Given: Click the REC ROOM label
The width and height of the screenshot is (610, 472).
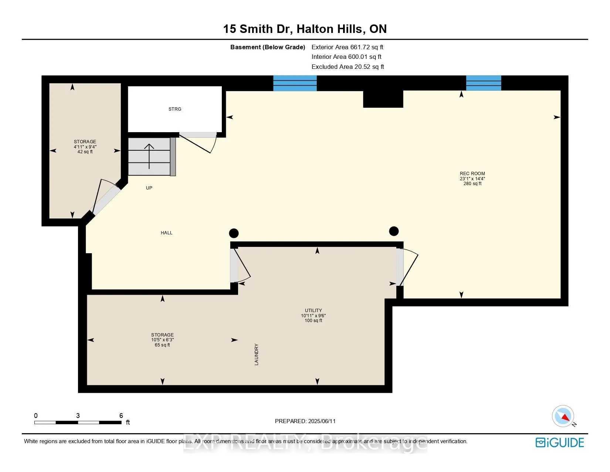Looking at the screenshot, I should coord(472,173).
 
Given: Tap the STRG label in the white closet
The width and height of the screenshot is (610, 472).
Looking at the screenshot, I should coord(175,109).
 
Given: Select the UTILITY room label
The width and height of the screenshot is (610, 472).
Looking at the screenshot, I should coord(313,310).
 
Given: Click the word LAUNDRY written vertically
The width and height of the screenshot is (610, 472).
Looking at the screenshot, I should coord(257,354).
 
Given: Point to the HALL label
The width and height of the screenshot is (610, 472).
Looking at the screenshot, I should coord(166,233).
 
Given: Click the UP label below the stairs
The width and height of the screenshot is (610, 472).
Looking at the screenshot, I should coord(149,188).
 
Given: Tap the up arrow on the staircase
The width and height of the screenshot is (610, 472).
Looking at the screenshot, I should coord(149,155).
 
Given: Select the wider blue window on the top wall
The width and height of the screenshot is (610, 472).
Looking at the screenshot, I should coord(295,83).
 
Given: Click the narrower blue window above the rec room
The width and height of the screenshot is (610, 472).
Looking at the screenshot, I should coord(483,83).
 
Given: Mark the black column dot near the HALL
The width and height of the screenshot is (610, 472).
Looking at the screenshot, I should coord(234,233).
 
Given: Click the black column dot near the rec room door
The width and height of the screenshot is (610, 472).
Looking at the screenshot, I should coord(394,231).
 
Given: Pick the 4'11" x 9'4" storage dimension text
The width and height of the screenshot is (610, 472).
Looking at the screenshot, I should coord(85,147).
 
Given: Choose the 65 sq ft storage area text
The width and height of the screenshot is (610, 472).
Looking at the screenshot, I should coord(162,345).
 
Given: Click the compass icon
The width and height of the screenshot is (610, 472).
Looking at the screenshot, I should coord(563,416).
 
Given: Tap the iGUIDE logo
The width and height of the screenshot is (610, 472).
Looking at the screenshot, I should coord(560,442).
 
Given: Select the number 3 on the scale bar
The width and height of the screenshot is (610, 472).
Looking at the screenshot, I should coord(78,416).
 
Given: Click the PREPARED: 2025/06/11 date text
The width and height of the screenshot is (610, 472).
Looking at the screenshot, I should coord(305,421).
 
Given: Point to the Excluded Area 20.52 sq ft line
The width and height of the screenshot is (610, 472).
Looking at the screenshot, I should coord(348,67).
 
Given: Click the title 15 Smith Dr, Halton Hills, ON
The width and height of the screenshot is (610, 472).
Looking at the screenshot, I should coord(305,29).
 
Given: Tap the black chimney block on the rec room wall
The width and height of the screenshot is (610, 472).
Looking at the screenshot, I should coord(383,99).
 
